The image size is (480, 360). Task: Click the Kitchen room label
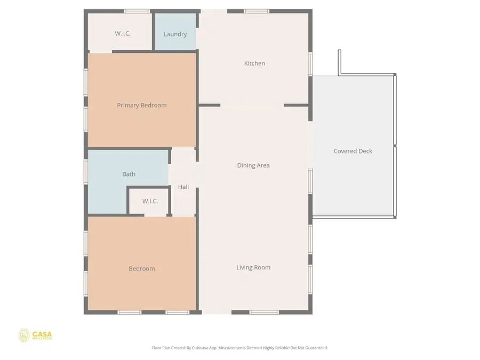pos(254,63)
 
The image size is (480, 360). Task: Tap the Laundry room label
pos(175,34)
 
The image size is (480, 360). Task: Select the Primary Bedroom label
pos(142,106)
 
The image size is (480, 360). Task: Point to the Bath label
pos(129,174)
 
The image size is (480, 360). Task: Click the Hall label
pos(183,187)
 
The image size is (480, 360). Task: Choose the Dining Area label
pos(253,165)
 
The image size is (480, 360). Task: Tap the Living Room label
pos(253,268)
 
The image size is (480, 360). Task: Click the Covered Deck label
pos(353,151)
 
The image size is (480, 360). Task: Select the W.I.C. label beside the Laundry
pos(123,34)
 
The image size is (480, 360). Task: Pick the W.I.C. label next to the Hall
pos(150,201)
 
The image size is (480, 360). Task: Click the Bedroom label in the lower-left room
pos(142,269)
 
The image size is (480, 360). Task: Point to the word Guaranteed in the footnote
pos(315,348)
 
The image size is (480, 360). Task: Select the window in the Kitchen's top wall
pos(257,11)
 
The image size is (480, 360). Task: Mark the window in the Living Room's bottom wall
pos(264,312)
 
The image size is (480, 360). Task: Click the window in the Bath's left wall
pos(86,172)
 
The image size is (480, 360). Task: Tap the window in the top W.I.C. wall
pos(137,11)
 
